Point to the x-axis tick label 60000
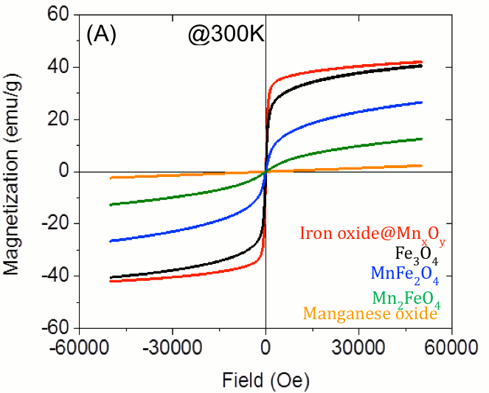[451, 347]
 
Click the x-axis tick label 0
[266, 347]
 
